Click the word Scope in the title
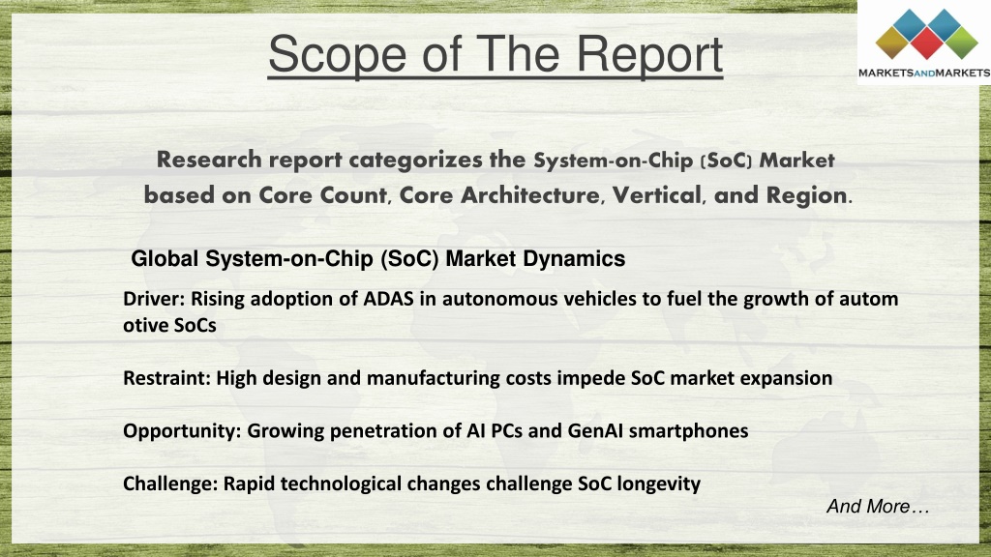[x=338, y=55]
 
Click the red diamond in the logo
[x=926, y=43]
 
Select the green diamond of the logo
[x=961, y=43]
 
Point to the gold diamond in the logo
[x=892, y=43]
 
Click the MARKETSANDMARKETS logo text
[x=924, y=73]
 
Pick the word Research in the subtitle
[x=209, y=160]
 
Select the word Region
[x=806, y=195]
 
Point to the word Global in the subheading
[x=165, y=258]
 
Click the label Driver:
[x=154, y=298]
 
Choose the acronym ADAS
[x=388, y=298]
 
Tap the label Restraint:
[x=166, y=378]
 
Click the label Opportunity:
[x=182, y=431]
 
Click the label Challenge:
[x=170, y=484]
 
